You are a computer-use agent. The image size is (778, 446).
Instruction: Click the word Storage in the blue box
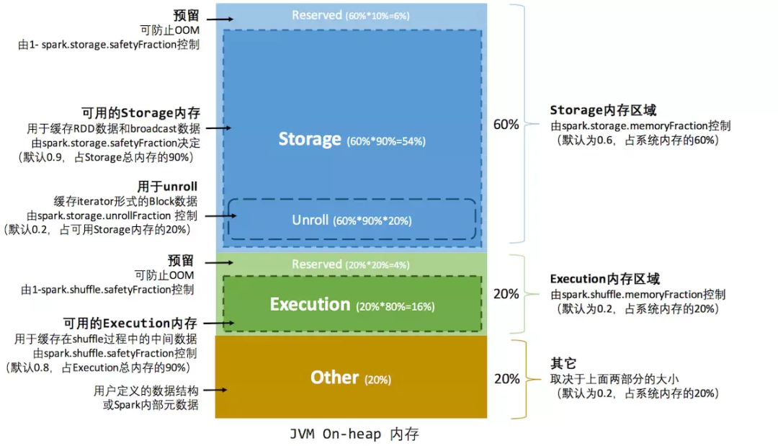pos(310,139)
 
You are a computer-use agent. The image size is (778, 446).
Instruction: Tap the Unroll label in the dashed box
pos(310,220)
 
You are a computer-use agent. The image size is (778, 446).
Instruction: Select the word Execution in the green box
pos(310,304)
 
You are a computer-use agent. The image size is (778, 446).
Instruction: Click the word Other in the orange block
pos(334,378)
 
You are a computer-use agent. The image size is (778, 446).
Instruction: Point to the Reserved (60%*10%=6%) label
pos(350,15)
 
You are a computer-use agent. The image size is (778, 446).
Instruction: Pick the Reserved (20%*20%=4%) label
pos(350,264)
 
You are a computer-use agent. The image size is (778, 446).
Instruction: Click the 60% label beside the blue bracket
pos(506,125)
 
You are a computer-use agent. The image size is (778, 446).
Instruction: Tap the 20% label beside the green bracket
pos(506,294)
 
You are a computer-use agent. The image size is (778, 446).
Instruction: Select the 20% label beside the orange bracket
pos(507,379)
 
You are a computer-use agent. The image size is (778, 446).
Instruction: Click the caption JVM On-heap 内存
pos(354,434)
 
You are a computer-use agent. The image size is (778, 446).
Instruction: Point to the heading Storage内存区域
pos(603,110)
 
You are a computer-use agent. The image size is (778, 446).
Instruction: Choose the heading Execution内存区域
pos(605,279)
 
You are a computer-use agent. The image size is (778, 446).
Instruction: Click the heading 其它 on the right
pos(563,363)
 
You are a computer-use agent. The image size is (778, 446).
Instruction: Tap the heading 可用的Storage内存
pos(141,113)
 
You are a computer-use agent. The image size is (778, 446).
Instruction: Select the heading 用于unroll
pos(167,187)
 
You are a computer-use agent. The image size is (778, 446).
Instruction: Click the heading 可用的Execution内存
pos(130,324)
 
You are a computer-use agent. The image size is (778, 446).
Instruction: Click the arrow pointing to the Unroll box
pos(221,216)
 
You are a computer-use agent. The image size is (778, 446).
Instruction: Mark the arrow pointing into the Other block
pos(215,390)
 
